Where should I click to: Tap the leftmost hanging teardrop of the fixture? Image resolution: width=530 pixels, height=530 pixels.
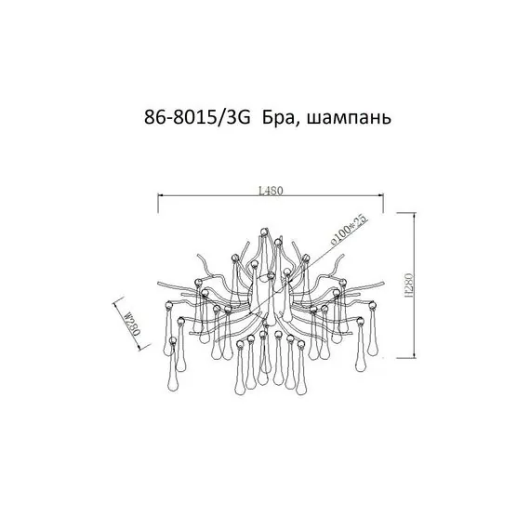[x=166, y=348]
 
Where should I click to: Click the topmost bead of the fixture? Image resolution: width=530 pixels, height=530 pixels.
[x=263, y=230]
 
